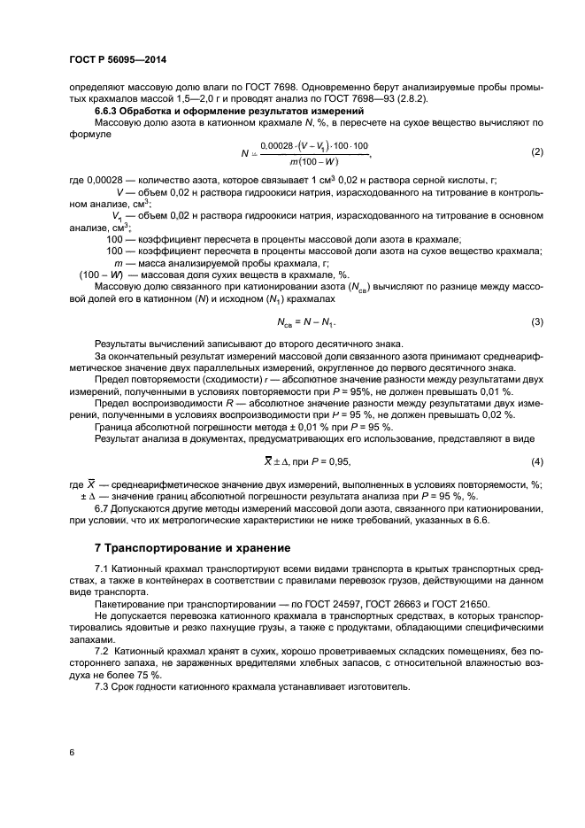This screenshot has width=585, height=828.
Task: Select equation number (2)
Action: [x=536, y=151]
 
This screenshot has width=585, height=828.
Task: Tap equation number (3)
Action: [x=536, y=321]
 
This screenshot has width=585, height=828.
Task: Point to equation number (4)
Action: [x=536, y=461]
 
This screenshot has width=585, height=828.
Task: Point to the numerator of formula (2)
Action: [x=315, y=145]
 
